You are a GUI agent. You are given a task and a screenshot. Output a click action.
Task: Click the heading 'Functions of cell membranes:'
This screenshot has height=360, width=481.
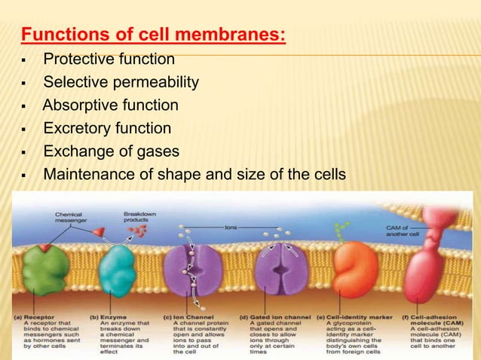click(x=153, y=35)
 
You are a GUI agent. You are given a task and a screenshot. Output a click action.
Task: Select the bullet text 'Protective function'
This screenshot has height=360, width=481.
click(x=109, y=59)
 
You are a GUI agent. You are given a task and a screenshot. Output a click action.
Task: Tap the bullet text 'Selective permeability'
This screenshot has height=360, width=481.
click(x=121, y=81)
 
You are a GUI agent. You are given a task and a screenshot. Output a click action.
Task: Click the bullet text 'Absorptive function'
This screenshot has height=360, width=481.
click(x=111, y=105)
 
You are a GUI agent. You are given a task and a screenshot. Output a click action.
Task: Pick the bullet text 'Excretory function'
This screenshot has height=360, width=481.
click(x=107, y=128)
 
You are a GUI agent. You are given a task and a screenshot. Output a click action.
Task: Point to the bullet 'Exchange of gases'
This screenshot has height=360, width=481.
click(x=111, y=151)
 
